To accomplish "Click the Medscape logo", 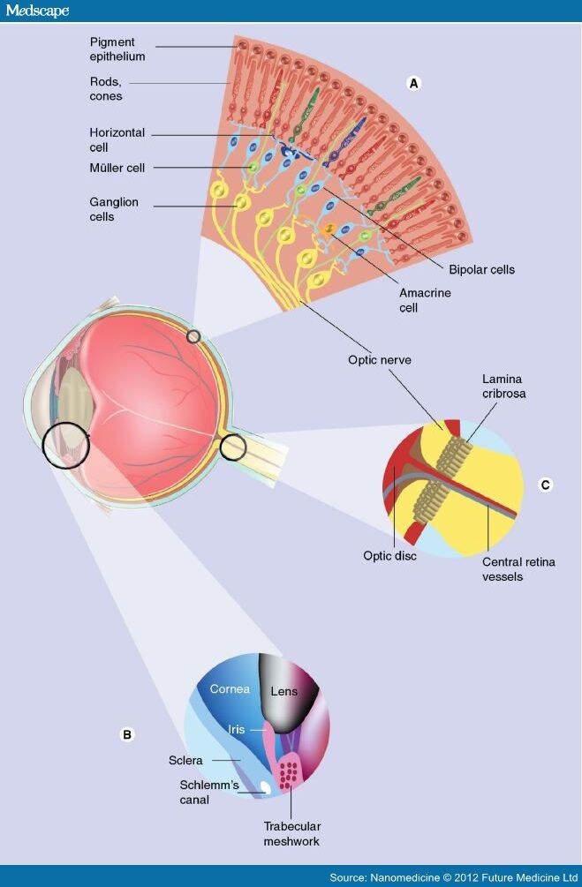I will (37, 11).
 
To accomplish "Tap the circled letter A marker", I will (412, 83).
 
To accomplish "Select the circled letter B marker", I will (127, 733).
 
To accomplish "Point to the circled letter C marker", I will (545, 485).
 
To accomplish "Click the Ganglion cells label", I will (113, 209).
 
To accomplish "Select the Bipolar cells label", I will (481, 269).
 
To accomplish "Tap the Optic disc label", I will (389, 556).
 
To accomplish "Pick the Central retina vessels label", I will (518, 569).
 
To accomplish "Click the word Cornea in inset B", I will (230, 688).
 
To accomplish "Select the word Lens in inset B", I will (283, 693).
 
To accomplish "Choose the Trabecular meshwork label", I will (291, 834).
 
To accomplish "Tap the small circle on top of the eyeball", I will (193, 335).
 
